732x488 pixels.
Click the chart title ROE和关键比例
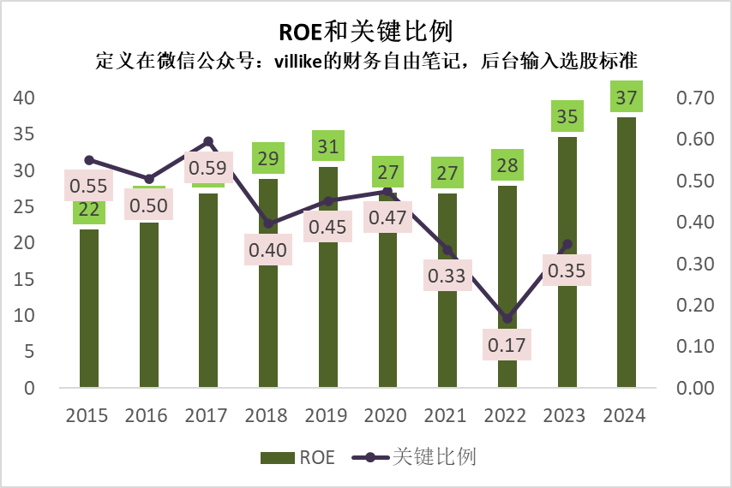[x=366, y=31]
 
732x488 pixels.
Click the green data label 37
[x=627, y=97]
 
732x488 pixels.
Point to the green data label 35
[x=567, y=116]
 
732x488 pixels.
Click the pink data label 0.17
[x=507, y=346]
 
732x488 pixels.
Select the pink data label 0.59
[x=208, y=168]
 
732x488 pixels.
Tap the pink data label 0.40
[x=268, y=251]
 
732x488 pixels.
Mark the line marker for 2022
[x=507, y=318]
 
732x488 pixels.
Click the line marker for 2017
[x=208, y=141]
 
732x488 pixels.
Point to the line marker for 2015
[x=89, y=160]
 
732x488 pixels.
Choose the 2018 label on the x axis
[x=266, y=416]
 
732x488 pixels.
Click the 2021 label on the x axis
[x=446, y=416]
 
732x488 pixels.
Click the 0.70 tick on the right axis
[x=695, y=98]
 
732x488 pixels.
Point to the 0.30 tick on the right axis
[x=695, y=264]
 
